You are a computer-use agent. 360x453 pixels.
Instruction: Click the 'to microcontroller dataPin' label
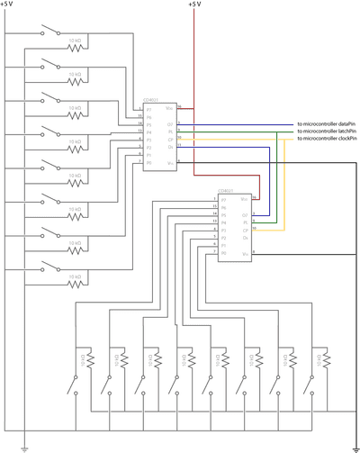pos(326,123)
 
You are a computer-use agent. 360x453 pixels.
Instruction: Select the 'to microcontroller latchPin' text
pos(326,131)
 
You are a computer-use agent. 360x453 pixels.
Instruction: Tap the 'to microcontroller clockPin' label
pos(326,139)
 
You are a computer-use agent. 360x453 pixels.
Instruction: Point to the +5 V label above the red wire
pos(194,5)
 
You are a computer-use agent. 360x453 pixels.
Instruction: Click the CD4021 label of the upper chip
pos(150,101)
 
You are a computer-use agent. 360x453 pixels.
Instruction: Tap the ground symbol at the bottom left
pos(25,445)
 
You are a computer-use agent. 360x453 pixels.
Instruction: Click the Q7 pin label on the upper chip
pos(170,123)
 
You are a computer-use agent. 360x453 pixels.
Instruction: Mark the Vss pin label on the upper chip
pos(169,161)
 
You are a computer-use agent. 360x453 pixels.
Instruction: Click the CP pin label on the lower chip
pos(245,229)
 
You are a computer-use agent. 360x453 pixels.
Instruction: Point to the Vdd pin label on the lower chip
pos(244,199)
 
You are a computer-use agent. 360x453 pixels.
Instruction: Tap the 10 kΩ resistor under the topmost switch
pos(75,41)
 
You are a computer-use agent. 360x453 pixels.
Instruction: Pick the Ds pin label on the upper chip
pos(170,147)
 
